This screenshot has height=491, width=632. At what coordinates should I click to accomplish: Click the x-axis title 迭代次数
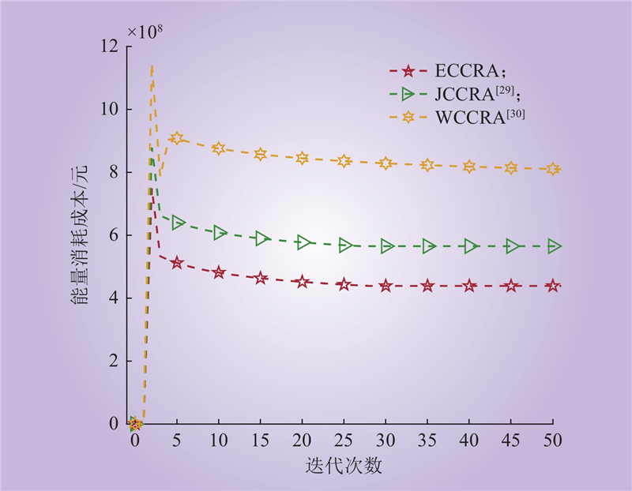tap(344, 466)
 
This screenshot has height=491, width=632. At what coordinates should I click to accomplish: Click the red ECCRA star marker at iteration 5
tap(177, 262)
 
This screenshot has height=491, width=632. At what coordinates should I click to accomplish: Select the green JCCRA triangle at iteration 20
tap(303, 242)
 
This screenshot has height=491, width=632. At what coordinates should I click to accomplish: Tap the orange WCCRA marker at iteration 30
tap(386, 163)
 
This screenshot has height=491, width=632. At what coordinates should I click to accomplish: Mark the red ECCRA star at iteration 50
tap(553, 286)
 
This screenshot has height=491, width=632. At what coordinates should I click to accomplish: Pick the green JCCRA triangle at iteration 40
tap(470, 246)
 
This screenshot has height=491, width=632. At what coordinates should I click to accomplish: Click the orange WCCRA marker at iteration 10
tap(219, 148)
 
